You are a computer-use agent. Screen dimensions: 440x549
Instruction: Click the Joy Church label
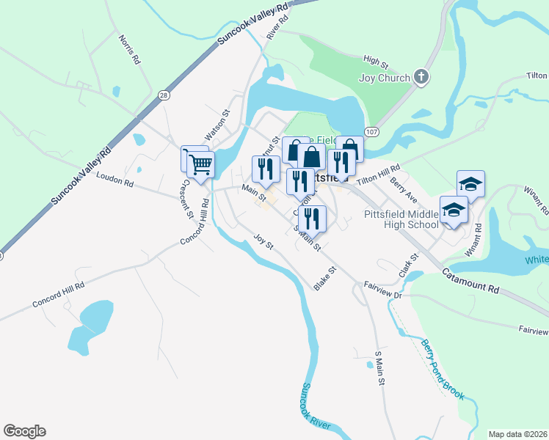click(x=383, y=78)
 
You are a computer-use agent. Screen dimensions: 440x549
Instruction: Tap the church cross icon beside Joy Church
click(x=421, y=77)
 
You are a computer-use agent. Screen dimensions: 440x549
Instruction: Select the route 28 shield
click(x=163, y=95)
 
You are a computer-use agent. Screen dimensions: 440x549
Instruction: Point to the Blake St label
click(x=324, y=279)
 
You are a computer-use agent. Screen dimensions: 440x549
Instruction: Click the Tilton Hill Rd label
click(x=378, y=174)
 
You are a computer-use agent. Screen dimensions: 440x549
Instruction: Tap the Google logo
click(x=24, y=431)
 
